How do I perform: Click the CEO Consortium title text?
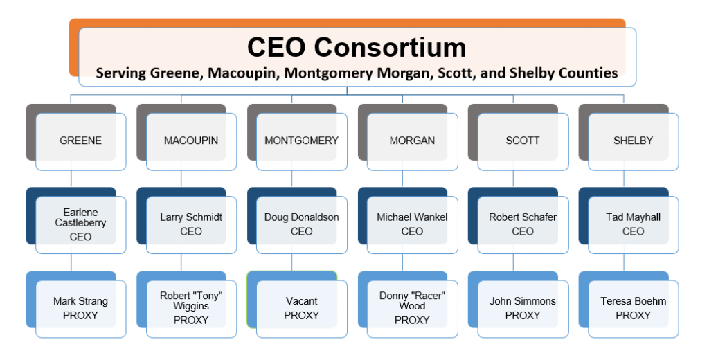click(x=357, y=47)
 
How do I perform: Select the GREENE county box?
click(x=80, y=141)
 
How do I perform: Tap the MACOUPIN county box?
click(x=191, y=141)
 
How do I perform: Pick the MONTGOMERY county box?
click(x=301, y=141)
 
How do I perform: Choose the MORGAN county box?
click(x=412, y=141)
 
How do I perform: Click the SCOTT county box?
click(x=523, y=141)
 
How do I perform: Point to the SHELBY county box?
click(x=633, y=141)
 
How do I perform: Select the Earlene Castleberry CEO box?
click(x=80, y=224)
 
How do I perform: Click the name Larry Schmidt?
click(x=191, y=217)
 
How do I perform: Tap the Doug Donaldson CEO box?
click(x=301, y=224)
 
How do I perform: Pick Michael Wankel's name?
click(x=412, y=217)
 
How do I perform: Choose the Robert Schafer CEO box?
click(x=523, y=224)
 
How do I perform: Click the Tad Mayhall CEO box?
click(x=633, y=224)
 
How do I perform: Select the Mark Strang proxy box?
click(x=80, y=308)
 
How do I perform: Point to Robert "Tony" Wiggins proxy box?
click(x=191, y=308)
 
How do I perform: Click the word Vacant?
click(x=302, y=301)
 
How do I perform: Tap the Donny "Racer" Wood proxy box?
click(x=412, y=308)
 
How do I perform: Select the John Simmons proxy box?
click(x=523, y=308)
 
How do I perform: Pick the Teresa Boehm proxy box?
click(x=633, y=308)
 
